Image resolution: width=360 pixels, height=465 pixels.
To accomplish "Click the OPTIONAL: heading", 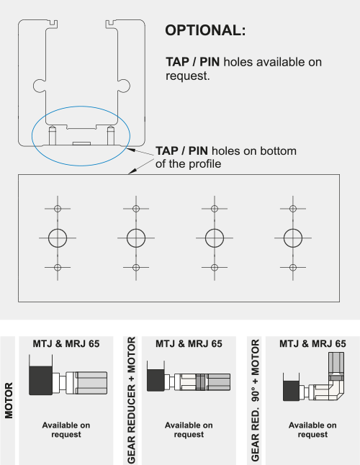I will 205,31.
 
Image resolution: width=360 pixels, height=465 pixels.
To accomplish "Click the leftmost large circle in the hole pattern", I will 58,237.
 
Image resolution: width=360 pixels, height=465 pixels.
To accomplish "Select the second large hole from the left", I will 135,237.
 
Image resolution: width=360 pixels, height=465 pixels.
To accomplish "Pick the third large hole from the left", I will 214,237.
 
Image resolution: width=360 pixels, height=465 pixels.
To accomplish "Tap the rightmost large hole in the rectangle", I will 292,237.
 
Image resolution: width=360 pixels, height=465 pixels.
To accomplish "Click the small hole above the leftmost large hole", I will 58,208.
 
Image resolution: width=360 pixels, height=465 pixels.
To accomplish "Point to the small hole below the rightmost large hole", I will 292,268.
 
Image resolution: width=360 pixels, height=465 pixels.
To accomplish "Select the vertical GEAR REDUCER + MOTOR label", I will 131,400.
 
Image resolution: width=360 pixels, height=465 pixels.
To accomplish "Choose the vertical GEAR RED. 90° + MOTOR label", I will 255,400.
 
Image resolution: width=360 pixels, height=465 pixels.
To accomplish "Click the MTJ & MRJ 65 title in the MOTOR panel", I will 66,343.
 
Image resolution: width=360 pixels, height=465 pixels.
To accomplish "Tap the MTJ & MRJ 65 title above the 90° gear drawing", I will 312,343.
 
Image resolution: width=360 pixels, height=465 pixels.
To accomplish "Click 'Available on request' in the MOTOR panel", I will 66,430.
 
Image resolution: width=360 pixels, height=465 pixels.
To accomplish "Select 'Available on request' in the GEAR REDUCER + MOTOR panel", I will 189,430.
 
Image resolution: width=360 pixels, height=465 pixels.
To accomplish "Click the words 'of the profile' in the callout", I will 188,163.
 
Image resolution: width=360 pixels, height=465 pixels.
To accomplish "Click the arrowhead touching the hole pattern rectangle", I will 131,171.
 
